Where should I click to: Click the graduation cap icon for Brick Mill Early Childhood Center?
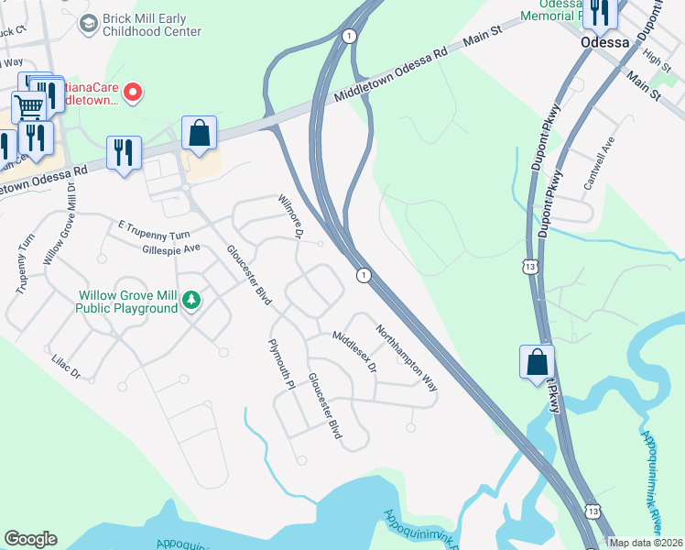(x=88, y=23)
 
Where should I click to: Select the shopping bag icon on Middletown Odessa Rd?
(x=199, y=134)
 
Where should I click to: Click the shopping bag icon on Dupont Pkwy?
(x=537, y=362)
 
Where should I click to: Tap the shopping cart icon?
(x=29, y=106)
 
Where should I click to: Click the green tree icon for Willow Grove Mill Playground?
(x=191, y=301)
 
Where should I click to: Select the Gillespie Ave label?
(x=170, y=248)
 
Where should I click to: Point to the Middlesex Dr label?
(x=353, y=352)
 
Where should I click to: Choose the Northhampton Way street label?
(x=407, y=356)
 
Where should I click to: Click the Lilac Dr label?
(x=66, y=368)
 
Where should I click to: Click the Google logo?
(x=30, y=539)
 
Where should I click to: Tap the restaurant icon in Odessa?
(x=600, y=12)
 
